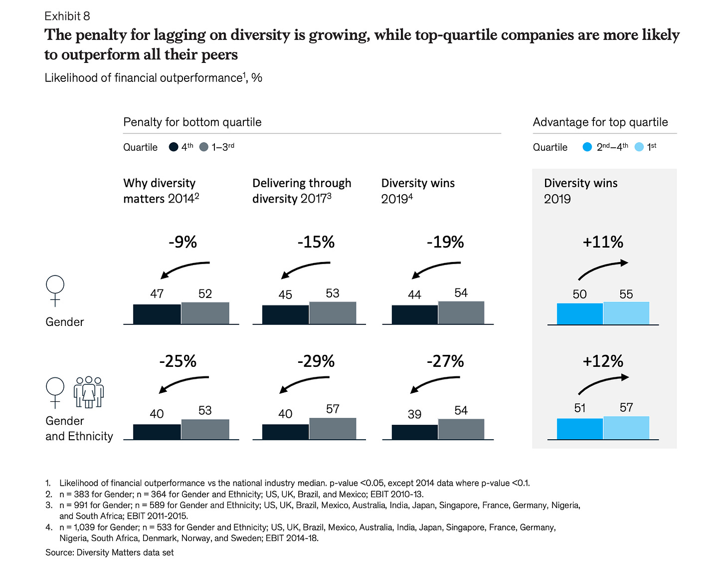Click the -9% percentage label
tap(182, 242)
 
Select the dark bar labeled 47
tap(157, 314)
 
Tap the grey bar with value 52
tap(205, 313)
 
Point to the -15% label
tap(316, 242)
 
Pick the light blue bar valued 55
tap(626, 313)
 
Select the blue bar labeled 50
tap(579, 314)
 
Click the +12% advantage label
tap(603, 361)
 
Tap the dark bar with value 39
tap(414, 432)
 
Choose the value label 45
tap(285, 294)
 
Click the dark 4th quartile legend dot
tap(174, 147)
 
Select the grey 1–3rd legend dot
tap(203, 147)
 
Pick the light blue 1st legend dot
tap(639, 147)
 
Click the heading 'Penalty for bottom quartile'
tap(192, 122)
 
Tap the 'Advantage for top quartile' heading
tap(600, 122)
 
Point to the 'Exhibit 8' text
tap(67, 16)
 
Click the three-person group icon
tap(89, 392)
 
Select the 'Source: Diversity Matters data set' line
tap(110, 553)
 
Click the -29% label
tap(316, 361)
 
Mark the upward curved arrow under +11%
tap(603, 270)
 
